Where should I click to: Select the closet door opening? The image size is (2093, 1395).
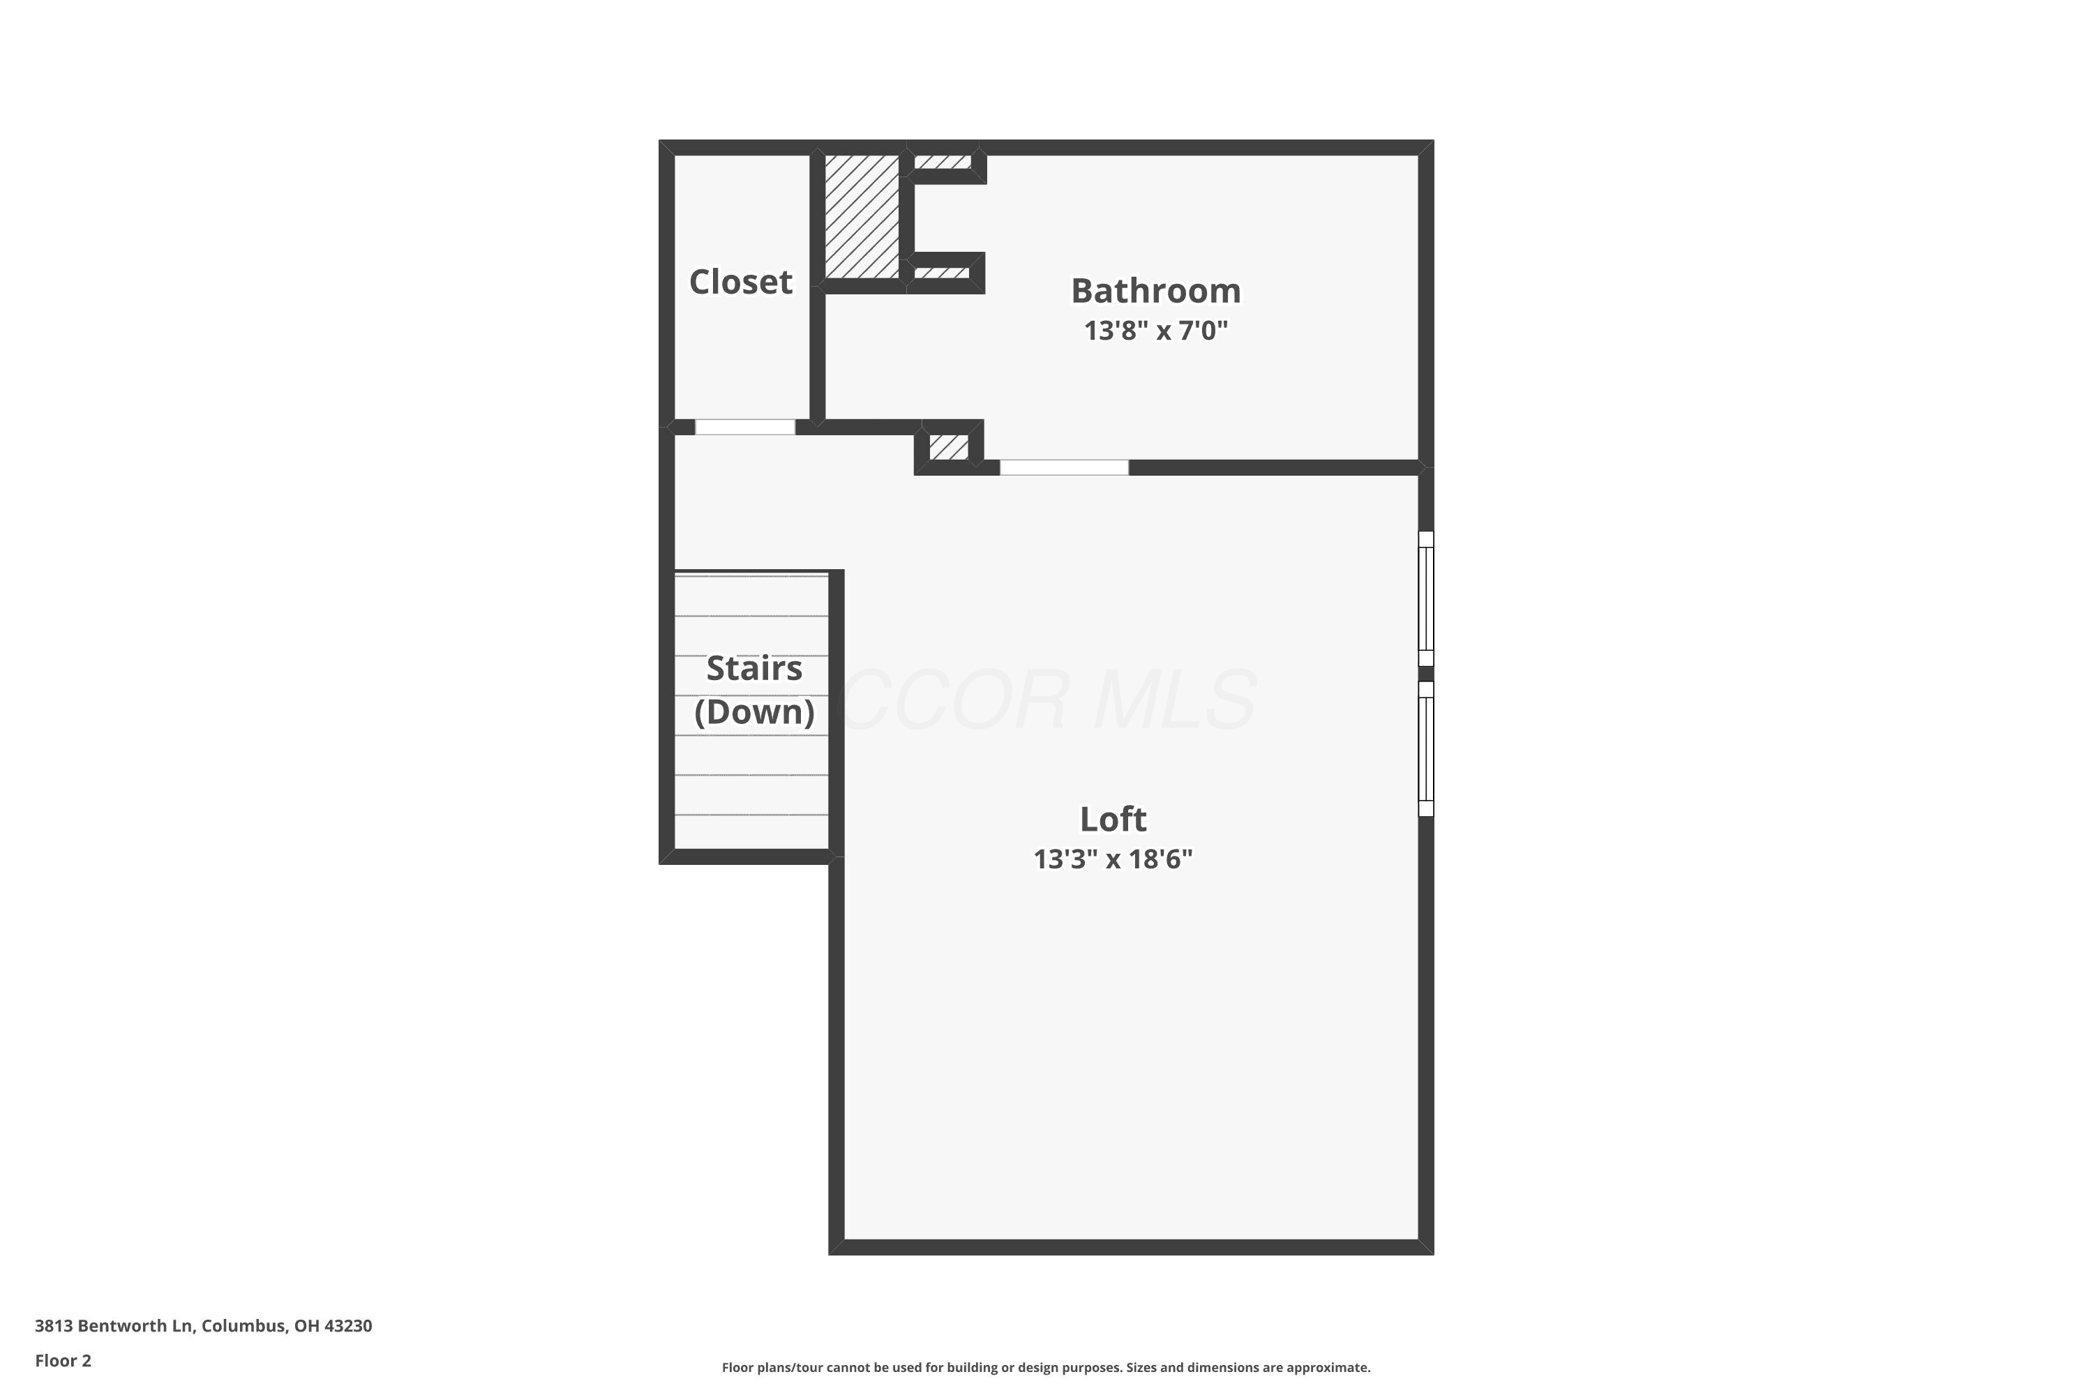pyautogui.click(x=745, y=427)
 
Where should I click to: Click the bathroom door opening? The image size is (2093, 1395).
pyautogui.click(x=1065, y=468)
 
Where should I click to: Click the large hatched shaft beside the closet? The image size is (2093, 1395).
pyautogui.click(x=862, y=216)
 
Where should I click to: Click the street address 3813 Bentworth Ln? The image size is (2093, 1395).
pyautogui.click(x=114, y=1326)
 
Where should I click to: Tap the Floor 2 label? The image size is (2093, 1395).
pyautogui.click(x=63, y=1360)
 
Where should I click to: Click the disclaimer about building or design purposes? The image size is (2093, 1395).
pyautogui.click(x=1046, y=1367)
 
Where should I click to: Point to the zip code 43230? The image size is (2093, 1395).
pyautogui.click(x=348, y=1326)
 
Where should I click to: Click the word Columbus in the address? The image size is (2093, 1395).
pyautogui.click(x=243, y=1326)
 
